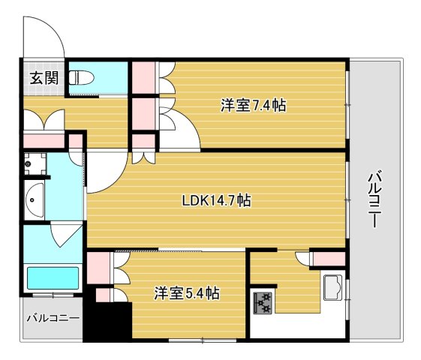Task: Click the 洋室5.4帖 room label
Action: click(x=187, y=292)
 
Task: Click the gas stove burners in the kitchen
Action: click(x=263, y=301)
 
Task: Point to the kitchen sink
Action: click(x=333, y=287)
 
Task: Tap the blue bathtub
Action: click(x=53, y=278)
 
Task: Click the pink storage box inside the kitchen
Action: click(x=328, y=259)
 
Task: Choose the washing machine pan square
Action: click(x=35, y=163)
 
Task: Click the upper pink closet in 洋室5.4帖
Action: click(x=99, y=268)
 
